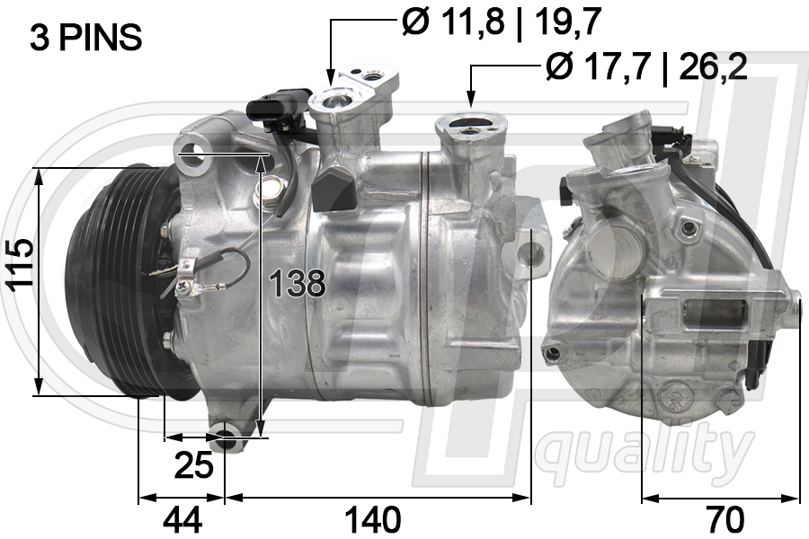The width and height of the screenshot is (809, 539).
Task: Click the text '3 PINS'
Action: click(x=86, y=38)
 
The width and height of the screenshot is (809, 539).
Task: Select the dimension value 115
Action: click(x=19, y=265)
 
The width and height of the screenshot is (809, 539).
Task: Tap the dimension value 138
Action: click(x=298, y=284)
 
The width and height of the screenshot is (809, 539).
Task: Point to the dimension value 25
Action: click(x=193, y=464)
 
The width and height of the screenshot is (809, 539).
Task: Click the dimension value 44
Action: click(x=181, y=519)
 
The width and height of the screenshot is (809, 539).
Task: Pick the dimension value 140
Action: click(x=374, y=519)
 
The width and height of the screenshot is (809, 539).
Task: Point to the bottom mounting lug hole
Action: click(x=227, y=440)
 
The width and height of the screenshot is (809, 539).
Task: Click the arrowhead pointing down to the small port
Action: click(x=331, y=79)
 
